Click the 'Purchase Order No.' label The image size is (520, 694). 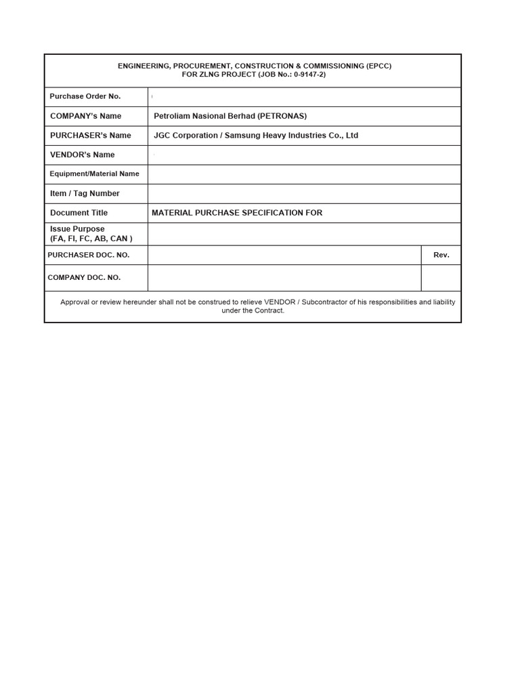point(85,96)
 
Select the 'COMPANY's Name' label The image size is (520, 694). point(86,116)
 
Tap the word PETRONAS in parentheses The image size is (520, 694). point(283,116)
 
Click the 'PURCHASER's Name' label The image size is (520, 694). point(91,136)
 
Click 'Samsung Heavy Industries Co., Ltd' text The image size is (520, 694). point(291,136)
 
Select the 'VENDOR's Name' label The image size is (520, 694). point(83,155)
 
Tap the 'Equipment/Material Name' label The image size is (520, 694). point(94,174)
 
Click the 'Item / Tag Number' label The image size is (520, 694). point(85,193)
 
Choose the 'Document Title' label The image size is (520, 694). point(79,213)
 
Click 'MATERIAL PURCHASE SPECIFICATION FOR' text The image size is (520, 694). point(237,213)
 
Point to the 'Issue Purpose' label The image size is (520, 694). point(77,229)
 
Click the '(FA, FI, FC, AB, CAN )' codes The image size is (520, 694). point(91,239)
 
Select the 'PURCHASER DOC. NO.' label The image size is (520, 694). point(89,255)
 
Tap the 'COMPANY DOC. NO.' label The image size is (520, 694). point(84,277)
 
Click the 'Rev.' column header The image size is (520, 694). point(441,255)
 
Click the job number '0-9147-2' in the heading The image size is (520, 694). point(309,75)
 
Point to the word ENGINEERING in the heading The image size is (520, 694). point(144,66)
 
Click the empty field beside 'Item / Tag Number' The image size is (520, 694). point(304,193)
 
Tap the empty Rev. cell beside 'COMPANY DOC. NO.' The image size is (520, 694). point(441,277)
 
